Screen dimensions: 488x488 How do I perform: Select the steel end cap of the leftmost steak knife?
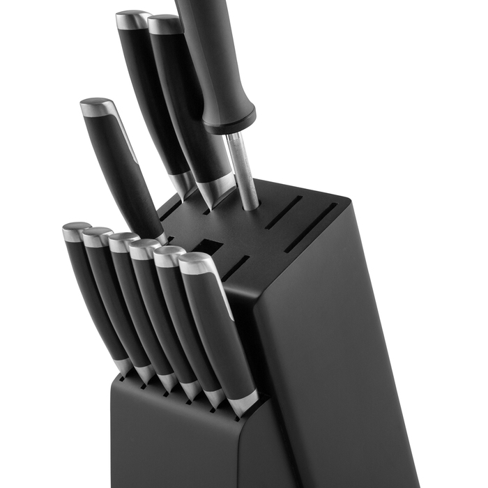pos(75,231)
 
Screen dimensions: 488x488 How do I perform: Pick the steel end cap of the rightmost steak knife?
pos(197,264)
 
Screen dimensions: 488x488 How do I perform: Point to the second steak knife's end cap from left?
pos(96,236)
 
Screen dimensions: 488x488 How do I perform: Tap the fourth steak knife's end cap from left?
pos(144,248)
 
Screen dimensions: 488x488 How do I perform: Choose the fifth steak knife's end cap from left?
pos(169,256)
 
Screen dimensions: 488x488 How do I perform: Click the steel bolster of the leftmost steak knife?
pos(123,365)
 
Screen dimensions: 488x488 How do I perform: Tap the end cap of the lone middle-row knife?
pos(98,107)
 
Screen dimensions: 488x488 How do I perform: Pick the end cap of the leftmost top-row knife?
pos(132,20)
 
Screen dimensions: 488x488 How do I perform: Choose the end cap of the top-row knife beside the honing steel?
pos(165,24)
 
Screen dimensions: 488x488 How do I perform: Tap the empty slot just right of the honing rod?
pos(283,213)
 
